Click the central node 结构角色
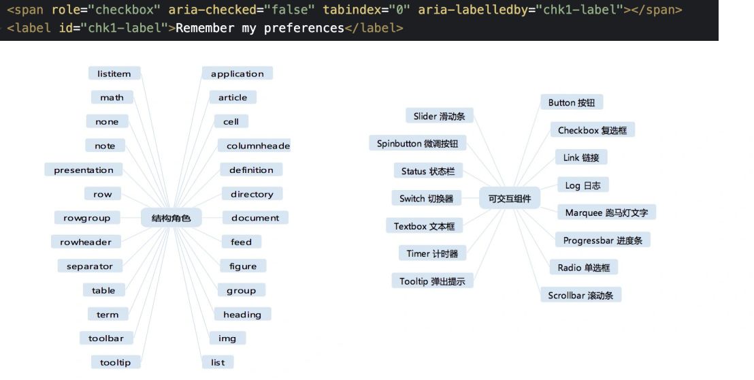pos(171,218)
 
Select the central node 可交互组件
pos(509,198)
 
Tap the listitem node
pos(114,74)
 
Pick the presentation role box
pos(84,170)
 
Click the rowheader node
pos(86,242)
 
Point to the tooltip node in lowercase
pos(116,362)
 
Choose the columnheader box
pos(255,146)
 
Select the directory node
pos(252,194)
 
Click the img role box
pos(227,338)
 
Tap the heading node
pos(242,314)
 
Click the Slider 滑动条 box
pos(439,116)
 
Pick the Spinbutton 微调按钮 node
pos(417,143)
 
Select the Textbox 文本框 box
pos(424,226)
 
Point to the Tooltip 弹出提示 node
pos(432,281)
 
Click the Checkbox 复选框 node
pos(593,130)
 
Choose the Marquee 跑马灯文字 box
pos(606,212)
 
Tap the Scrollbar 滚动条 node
pos(581,295)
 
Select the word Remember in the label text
pos(205,28)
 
